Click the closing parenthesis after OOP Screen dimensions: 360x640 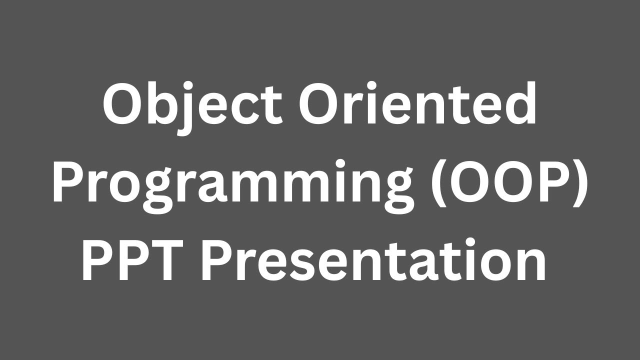pos(580,185)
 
